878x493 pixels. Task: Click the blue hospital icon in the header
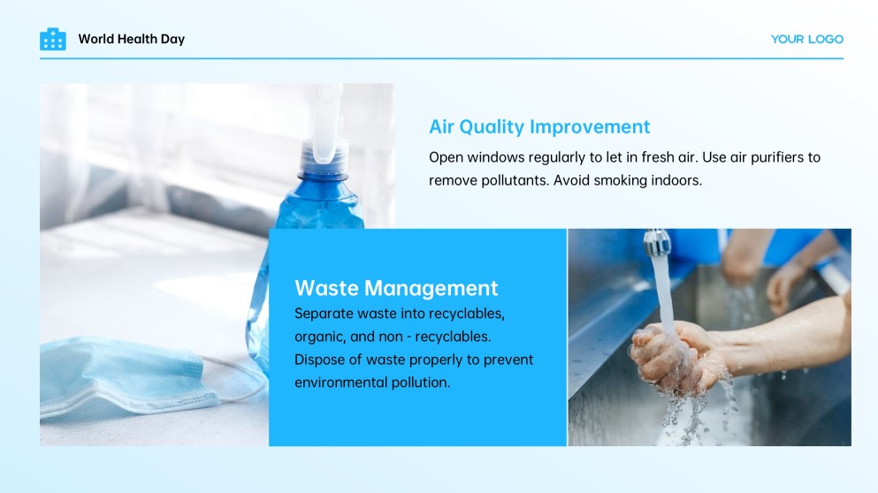pos(53,39)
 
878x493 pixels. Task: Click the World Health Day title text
pos(132,39)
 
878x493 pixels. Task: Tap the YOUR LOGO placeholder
pos(807,39)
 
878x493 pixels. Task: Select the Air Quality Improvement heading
pos(539,126)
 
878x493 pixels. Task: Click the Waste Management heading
pos(396,288)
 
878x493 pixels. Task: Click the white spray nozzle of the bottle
pos(327,123)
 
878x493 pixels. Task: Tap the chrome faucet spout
pos(657,242)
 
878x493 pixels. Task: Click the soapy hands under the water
pos(672,358)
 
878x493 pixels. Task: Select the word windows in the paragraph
pos(489,157)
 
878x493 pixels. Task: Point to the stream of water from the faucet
pos(664,291)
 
